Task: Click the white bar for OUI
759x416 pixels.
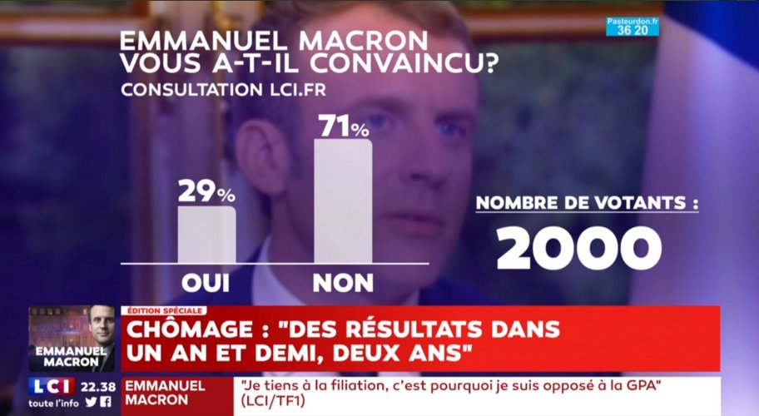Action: pyautogui.click(x=206, y=235)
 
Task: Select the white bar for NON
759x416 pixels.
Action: pyautogui.click(x=343, y=201)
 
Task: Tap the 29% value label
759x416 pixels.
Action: pyautogui.click(x=206, y=191)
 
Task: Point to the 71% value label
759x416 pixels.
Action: pyautogui.click(x=344, y=126)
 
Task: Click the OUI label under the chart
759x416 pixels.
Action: pyautogui.click(x=206, y=283)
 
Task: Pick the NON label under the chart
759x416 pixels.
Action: pyautogui.click(x=343, y=283)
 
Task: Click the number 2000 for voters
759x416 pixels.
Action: pyautogui.click(x=579, y=248)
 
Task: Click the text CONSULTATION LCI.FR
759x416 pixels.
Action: pyautogui.click(x=223, y=90)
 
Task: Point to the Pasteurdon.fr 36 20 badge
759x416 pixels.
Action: pyautogui.click(x=632, y=27)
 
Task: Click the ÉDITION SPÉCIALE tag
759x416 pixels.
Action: pyautogui.click(x=164, y=310)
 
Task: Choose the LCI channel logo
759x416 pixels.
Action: pyautogui.click(x=52, y=387)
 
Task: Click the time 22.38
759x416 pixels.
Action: pyautogui.click(x=97, y=387)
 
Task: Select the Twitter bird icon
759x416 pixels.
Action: pyautogui.click(x=92, y=402)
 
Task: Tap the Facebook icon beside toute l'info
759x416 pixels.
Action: pyautogui.click(x=106, y=402)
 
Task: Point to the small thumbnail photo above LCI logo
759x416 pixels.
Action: pyautogui.click(x=72, y=339)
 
